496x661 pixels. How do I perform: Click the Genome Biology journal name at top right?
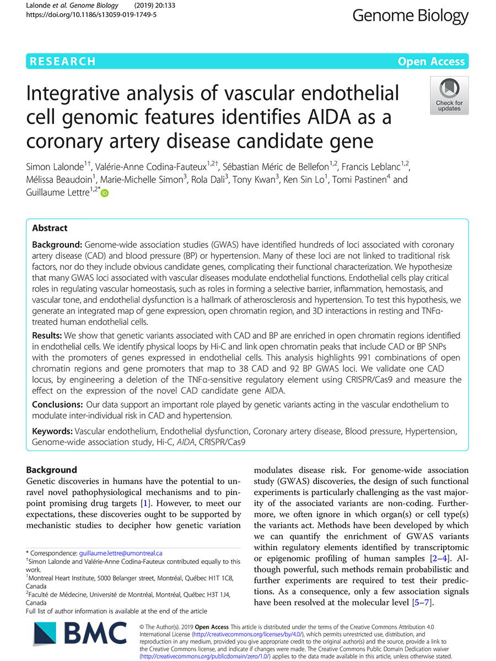tap(410, 16)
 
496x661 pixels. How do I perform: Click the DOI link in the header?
tap(91, 15)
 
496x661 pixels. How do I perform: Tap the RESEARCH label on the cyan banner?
tap(63, 62)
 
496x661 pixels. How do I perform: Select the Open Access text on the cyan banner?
tap(432, 62)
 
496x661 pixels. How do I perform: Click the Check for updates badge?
tap(449, 95)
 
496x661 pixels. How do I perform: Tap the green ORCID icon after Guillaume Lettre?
tap(105, 193)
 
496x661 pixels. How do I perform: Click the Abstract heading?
tap(50, 228)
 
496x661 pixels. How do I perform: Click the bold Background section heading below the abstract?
tap(52, 470)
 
